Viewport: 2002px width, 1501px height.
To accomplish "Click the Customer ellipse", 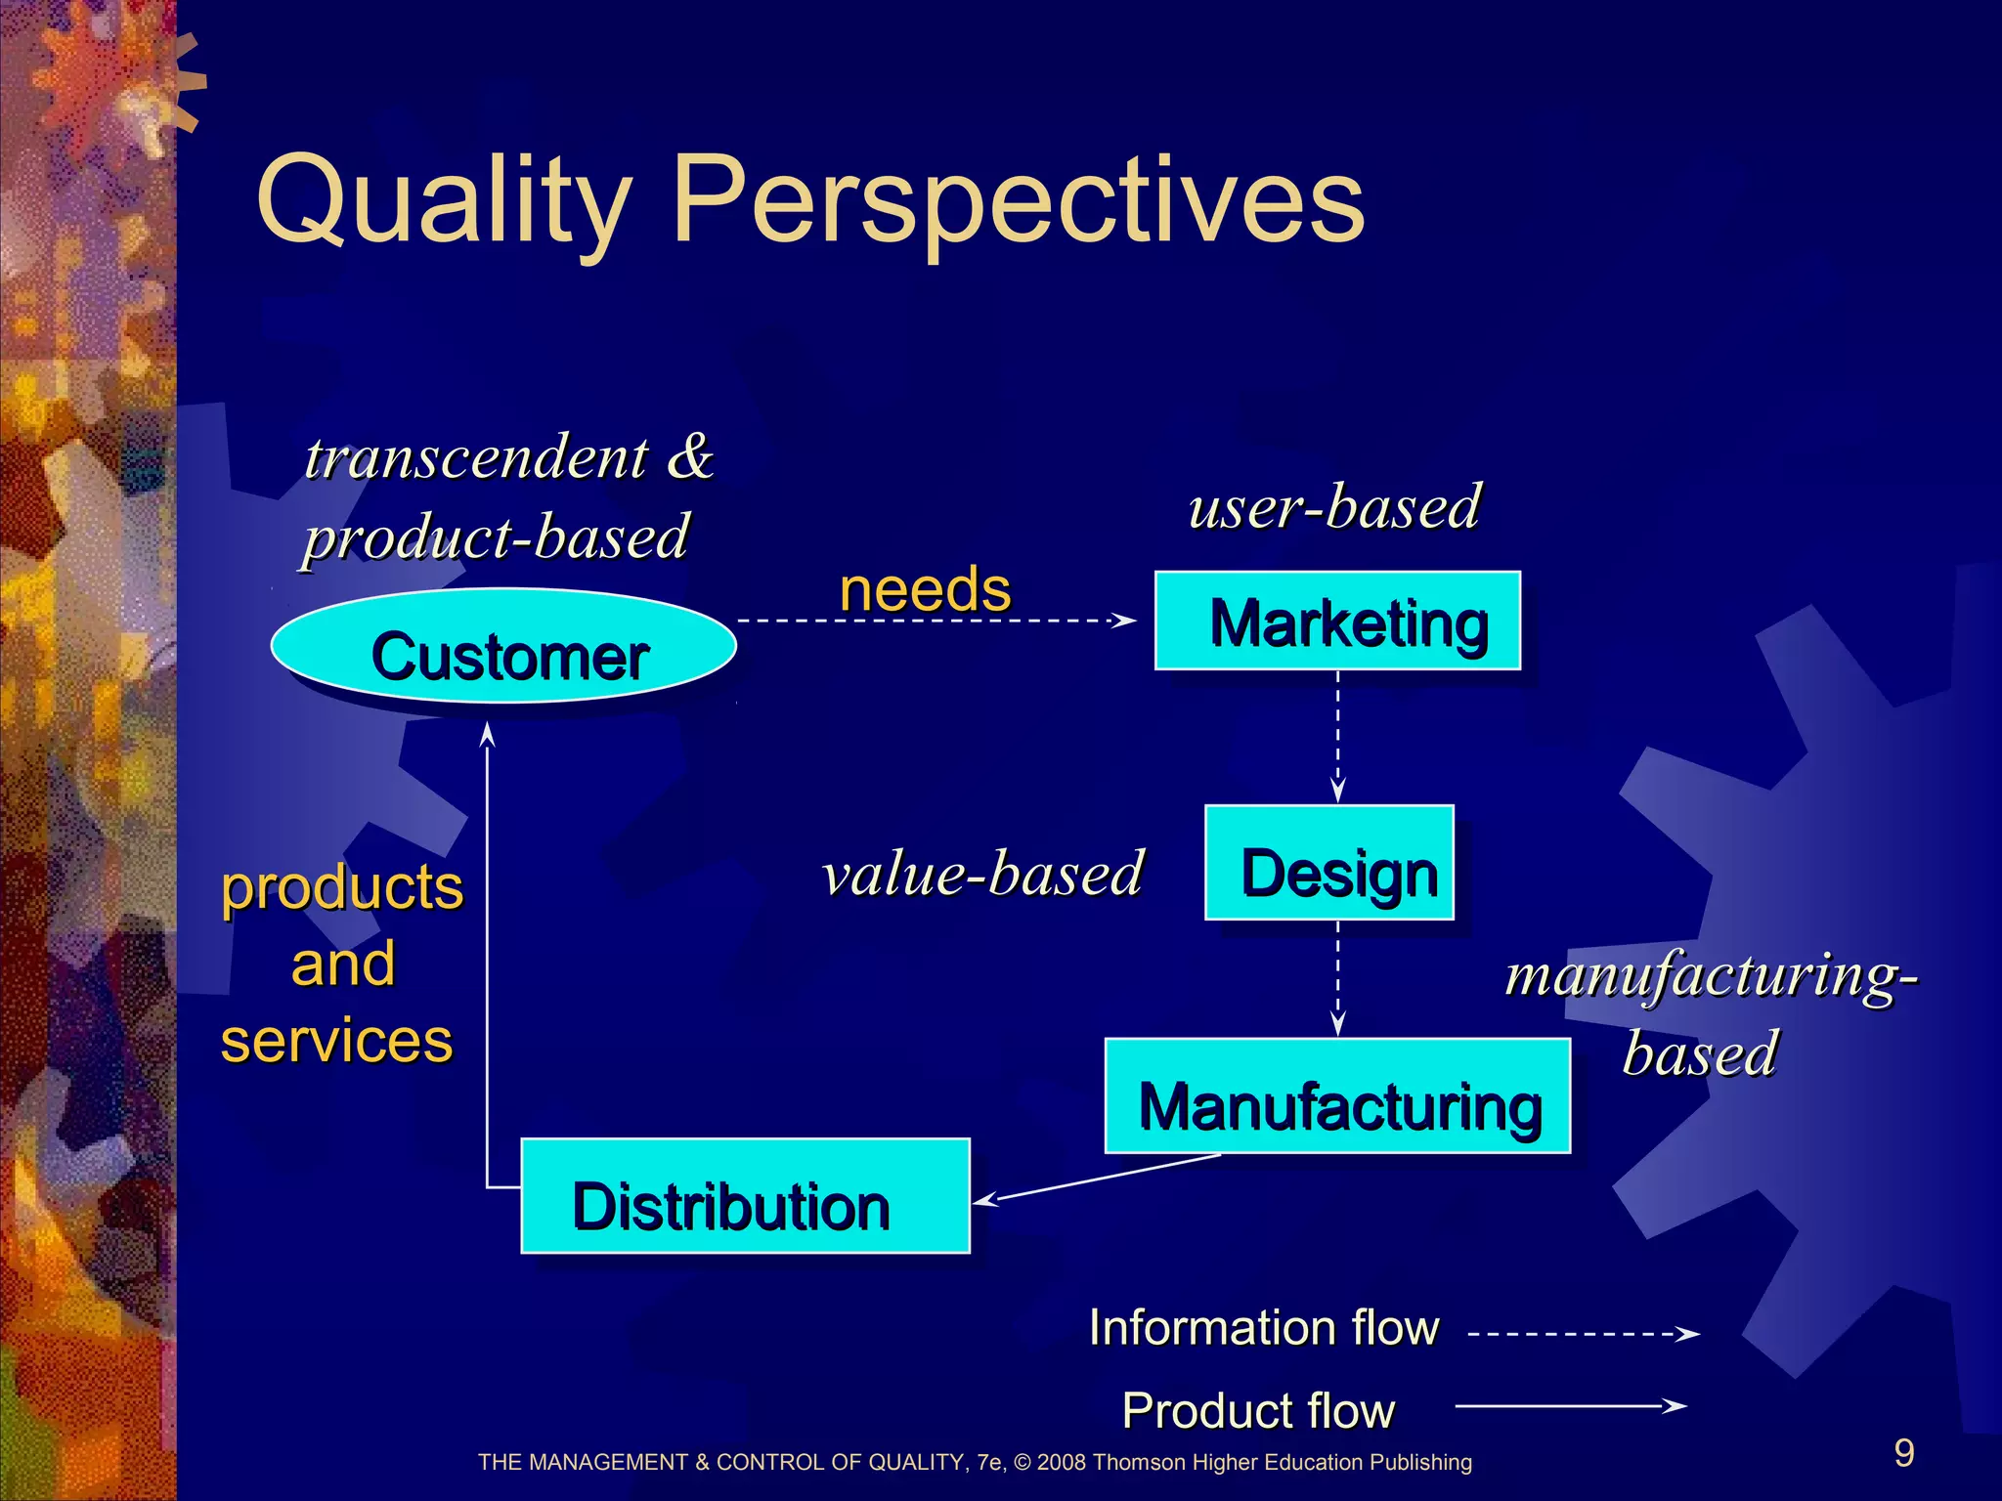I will click(503, 646).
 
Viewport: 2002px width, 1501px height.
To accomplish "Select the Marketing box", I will click(1337, 621).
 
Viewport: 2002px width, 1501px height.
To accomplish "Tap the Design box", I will click(1329, 863).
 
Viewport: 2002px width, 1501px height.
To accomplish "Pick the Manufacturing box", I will click(1337, 1096).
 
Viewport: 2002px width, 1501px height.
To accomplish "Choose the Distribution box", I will click(745, 1196).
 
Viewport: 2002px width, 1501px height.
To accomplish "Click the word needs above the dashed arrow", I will click(925, 589).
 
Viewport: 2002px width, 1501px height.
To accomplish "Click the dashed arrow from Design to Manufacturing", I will click(1338, 977).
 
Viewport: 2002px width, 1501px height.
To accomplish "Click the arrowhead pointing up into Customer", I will click(487, 735).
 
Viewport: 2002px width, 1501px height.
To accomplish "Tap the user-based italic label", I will click(1334, 507).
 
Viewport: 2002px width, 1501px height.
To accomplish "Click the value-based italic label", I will click(982, 873).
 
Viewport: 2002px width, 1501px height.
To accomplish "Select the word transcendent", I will click(476, 457).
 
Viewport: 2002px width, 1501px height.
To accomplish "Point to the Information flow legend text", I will click(1264, 1328).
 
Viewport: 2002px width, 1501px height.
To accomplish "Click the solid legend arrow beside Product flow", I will click(1569, 1406).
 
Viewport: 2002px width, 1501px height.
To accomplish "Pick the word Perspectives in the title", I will click(1018, 201).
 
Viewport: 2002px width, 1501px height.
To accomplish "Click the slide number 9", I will click(1903, 1453).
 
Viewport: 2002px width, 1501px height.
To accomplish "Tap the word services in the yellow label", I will click(337, 1040).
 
